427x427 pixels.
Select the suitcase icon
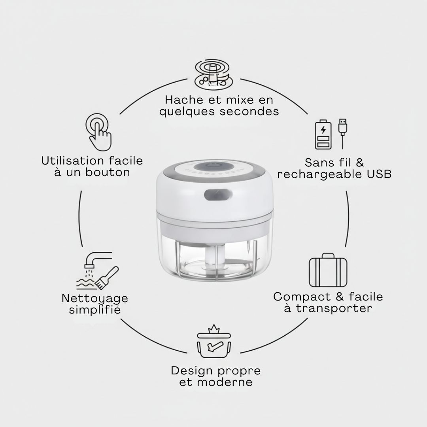pyautogui.click(x=328, y=270)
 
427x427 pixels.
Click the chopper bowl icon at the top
pyautogui.click(x=214, y=74)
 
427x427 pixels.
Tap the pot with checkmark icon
pyautogui.click(x=214, y=342)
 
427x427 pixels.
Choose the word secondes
pyautogui.click(x=249, y=111)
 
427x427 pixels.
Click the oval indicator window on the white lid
pyautogui.click(x=214, y=195)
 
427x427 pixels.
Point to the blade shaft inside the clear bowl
pyautogui.click(x=214, y=257)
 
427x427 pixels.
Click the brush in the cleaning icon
pyautogui.click(x=109, y=277)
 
